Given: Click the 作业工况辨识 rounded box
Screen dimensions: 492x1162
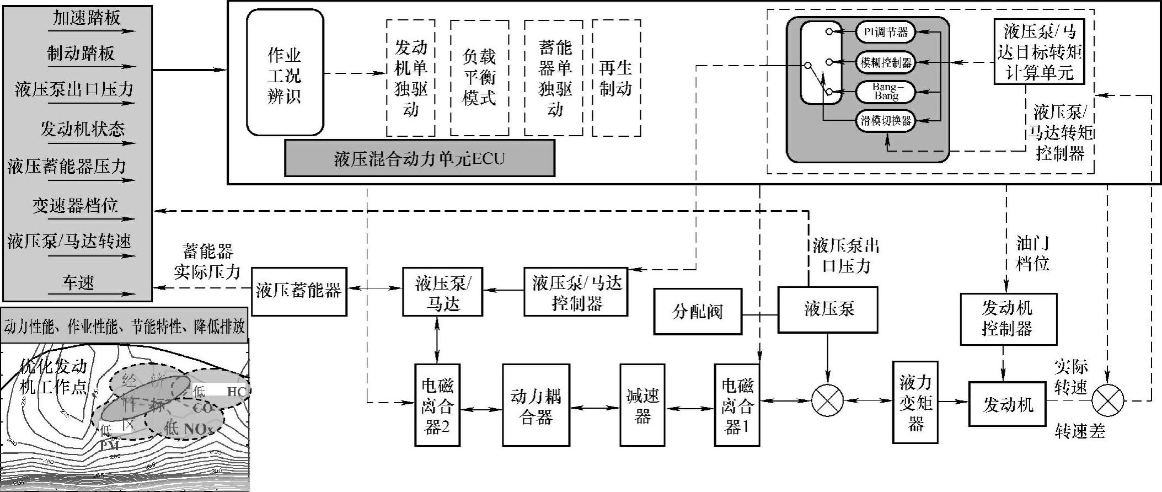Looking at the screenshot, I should pyautogui.click(x=285, y=72).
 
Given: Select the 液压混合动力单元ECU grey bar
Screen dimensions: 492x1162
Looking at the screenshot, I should pyautogui.click(x=419, y=158).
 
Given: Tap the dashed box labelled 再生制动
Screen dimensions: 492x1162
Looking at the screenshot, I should pyautogui.click(x=616, y=78).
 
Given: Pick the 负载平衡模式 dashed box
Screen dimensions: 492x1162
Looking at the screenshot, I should pyautogui.click(x=479, y=78).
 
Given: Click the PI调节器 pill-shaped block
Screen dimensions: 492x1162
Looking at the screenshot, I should pyautogui.click(x=885, y=32).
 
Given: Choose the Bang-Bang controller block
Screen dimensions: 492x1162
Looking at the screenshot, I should pyautogui.click(x=885, y=92).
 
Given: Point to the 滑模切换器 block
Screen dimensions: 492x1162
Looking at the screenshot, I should pyautogui.click(x=885, y=121).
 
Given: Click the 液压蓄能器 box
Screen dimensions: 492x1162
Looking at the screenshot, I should pyautogui.click(x=299, y=291).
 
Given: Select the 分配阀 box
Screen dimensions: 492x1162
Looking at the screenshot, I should pyautogui.click(x=698, y=312).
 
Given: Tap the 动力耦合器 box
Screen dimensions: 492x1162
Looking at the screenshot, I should pyautogui.click(x=536, y=405).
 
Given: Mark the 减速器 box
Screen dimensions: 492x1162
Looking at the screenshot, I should pyautogui.click(x=642, y=405).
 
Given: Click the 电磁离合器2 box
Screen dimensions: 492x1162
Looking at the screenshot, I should pyautogui.click(x=437, y=405).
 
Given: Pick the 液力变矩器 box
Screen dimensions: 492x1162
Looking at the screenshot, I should pyautogui.click(x=915, y=403).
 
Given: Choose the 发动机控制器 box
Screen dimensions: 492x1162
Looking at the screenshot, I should pyautogui.click(x=1008, y=319).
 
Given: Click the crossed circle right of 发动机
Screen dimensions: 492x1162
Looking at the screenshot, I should pyautogui.click(x=1107, y=400).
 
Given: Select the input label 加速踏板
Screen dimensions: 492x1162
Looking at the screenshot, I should pyautogui.click(x=87, y=18).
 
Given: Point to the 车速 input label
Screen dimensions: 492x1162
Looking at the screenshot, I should pyautogui.click(x=78, y=283).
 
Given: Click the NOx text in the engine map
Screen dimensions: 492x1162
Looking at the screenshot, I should pyautogui.click(x=196, y=429).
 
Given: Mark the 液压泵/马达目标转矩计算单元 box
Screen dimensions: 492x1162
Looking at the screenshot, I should pyautogui.click(x=1039, y=52).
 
